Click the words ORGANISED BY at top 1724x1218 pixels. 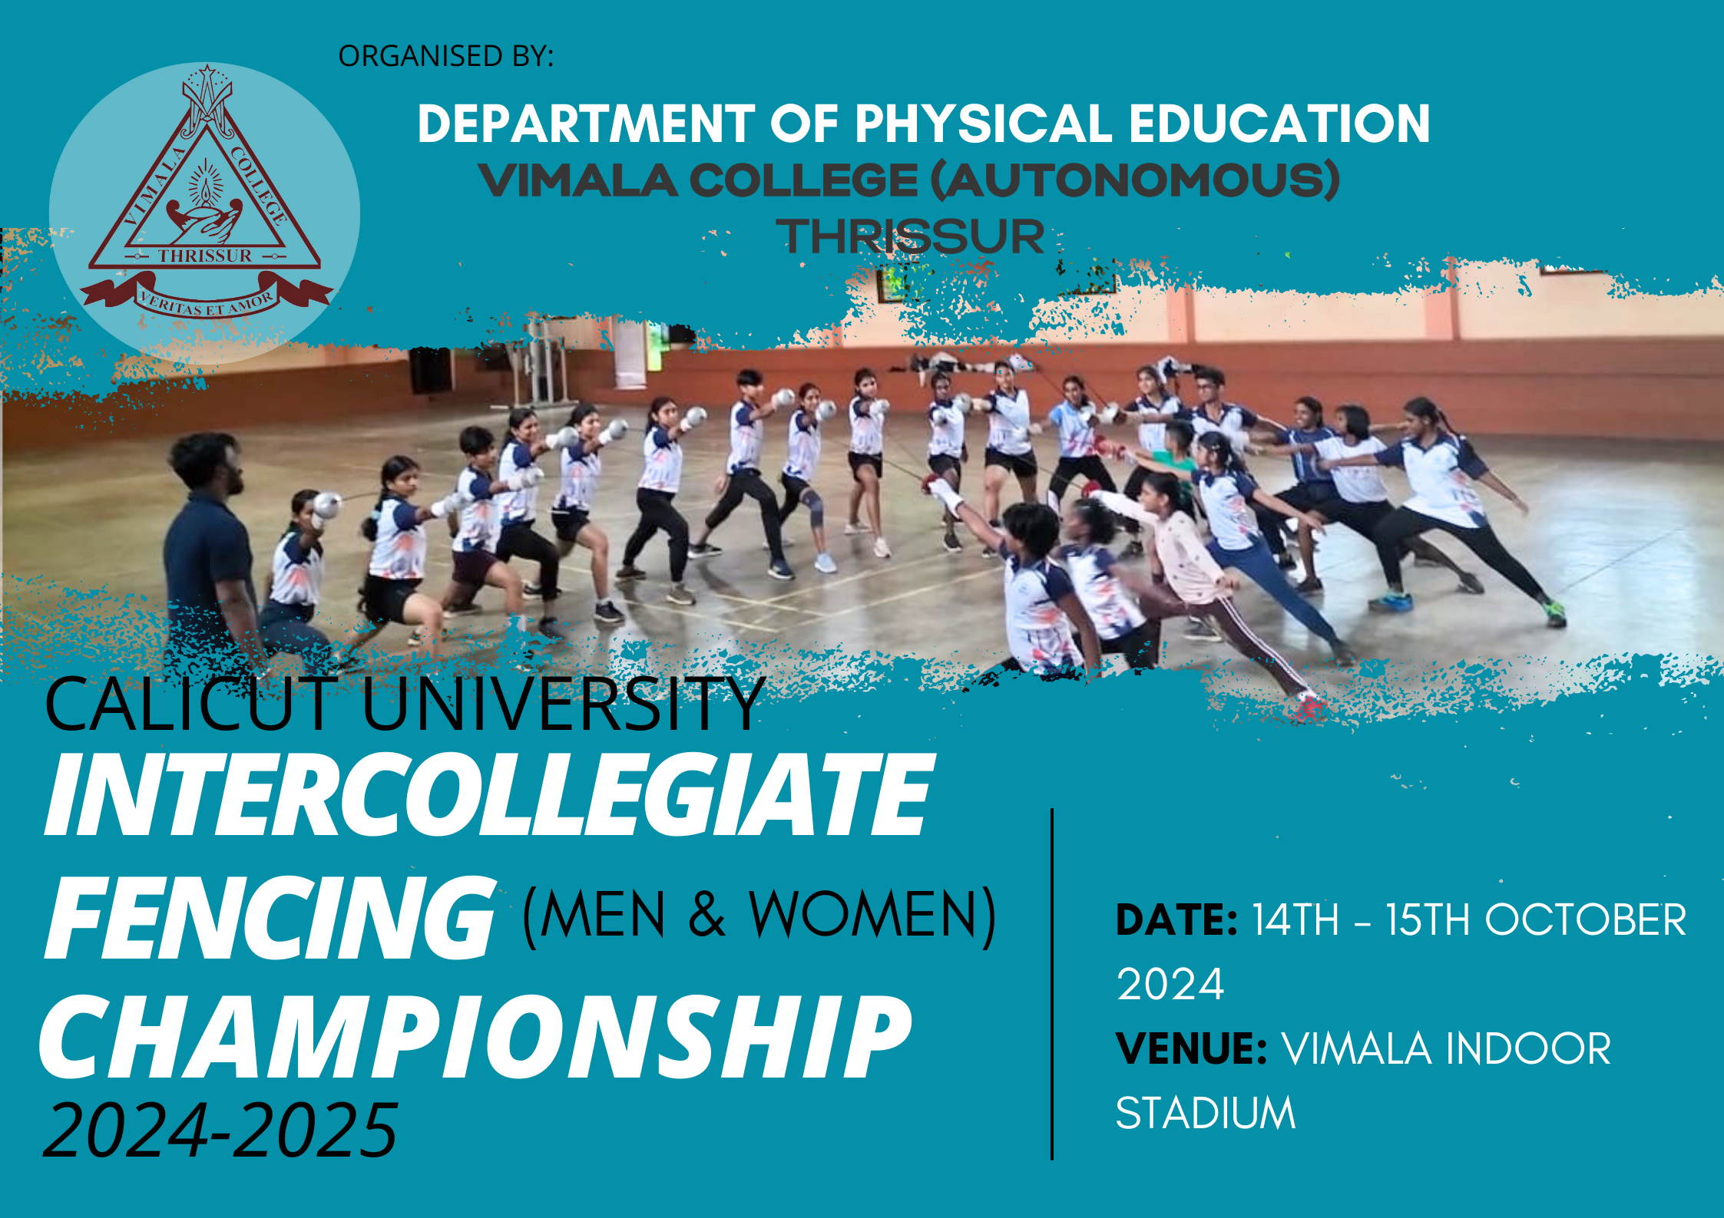445,56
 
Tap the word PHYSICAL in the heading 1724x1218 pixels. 983,124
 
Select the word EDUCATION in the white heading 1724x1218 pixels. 1279,124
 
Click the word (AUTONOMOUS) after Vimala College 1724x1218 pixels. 1135,180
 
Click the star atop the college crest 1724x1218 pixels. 207,74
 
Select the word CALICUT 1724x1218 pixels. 190,704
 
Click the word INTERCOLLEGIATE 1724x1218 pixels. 489,794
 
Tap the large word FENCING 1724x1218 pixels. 270,918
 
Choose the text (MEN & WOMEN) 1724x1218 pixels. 759,915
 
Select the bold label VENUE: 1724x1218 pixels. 1192,1048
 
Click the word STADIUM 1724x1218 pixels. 1206,1114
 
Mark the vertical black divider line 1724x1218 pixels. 1052,983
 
